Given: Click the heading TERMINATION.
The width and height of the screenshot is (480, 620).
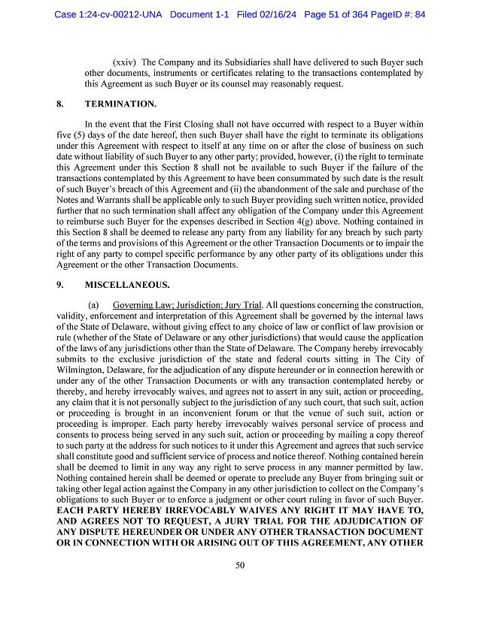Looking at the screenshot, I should coord(120,103).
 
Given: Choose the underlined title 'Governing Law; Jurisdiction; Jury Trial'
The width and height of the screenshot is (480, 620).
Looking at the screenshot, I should coord(187,305).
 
